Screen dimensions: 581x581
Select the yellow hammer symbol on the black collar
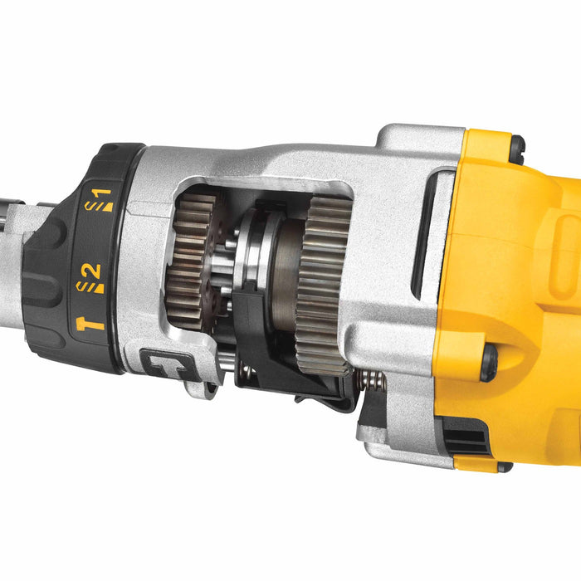point(90,322)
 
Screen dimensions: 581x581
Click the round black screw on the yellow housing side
point(489,362)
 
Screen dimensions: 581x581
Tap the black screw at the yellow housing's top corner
point(515,149)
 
